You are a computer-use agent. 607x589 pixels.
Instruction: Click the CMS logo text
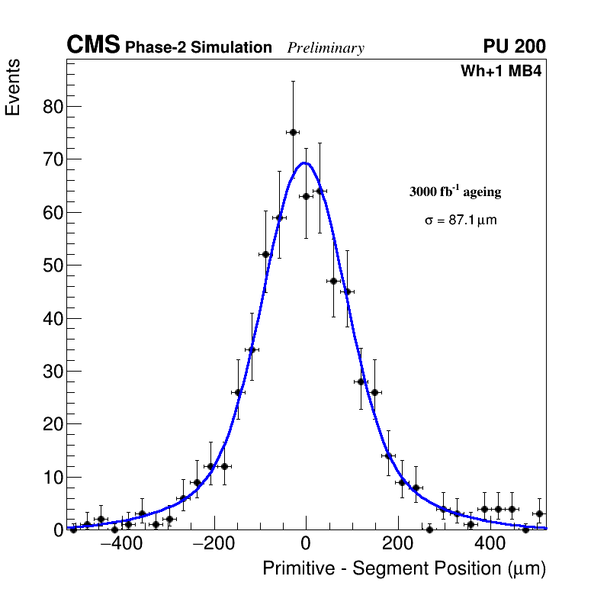[x=93, y=46]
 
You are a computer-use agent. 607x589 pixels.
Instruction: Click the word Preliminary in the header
[x=326, y=48]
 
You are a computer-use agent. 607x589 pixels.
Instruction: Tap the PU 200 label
[x=514, y=47]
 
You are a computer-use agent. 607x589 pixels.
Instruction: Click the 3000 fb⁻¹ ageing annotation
[x=455, y=192]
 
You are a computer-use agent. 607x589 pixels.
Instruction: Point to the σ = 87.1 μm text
[x=461, y=220]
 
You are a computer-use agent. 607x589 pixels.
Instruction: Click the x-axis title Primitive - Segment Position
[x=404, y=568]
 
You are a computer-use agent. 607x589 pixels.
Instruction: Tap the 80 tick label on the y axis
[x=51, y=106]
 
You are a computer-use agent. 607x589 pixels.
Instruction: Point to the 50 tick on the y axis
[x=51, y=266]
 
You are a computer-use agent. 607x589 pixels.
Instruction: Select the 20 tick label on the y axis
[x=51, y=424]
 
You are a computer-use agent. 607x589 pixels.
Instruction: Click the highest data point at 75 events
[x=292, y=132]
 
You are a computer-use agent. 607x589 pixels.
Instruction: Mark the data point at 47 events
[x=333, y=281]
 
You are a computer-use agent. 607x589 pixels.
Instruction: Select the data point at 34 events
[x=252, y=350]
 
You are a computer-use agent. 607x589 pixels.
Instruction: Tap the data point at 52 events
[x=265, y=254]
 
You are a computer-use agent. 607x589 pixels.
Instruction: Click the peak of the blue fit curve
[x=304, y=163]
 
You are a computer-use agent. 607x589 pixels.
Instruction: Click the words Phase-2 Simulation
[x=198, y=48]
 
